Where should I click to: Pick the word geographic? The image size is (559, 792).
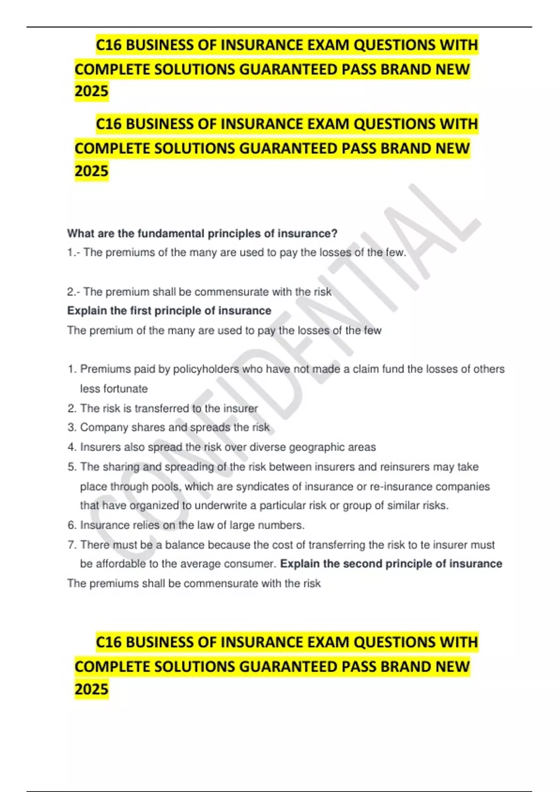319,447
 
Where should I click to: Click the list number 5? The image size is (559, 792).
71,467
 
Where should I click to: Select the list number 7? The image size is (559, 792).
71,545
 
